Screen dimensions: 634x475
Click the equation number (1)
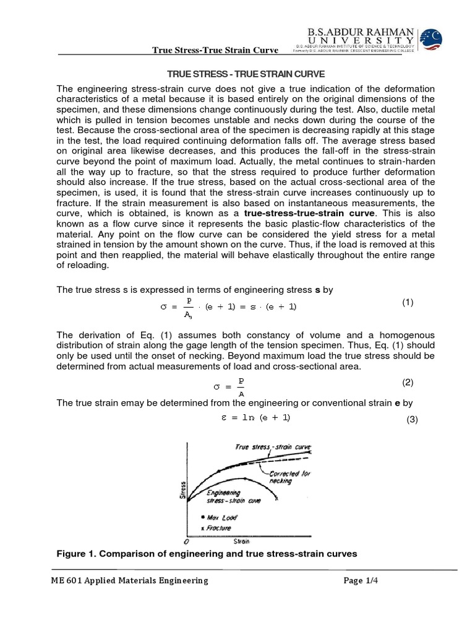pos(408,302)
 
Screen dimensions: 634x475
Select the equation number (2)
pos(408,382)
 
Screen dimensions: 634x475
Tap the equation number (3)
pos(412,420)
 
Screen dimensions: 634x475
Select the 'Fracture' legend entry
pos(216,528)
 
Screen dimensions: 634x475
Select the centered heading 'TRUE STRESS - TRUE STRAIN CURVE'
pos(238,73)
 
